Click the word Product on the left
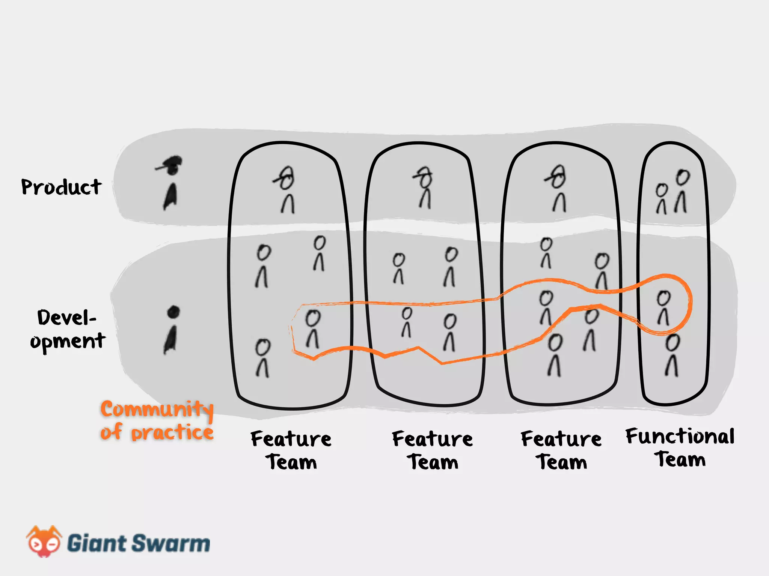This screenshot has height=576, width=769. click(61, 187)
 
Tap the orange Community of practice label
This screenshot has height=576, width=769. click(157, 420)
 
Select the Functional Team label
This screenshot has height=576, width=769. click(680, 447)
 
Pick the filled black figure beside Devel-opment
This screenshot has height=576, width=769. click(172, 330)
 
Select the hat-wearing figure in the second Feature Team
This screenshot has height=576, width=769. click(425, 187)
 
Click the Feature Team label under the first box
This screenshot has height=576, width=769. click(291, 450)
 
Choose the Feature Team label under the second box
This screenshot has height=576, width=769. click(433, 450)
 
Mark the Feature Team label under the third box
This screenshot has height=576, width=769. click(561, 450)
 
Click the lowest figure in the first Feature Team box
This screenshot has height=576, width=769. click(262, 358)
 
